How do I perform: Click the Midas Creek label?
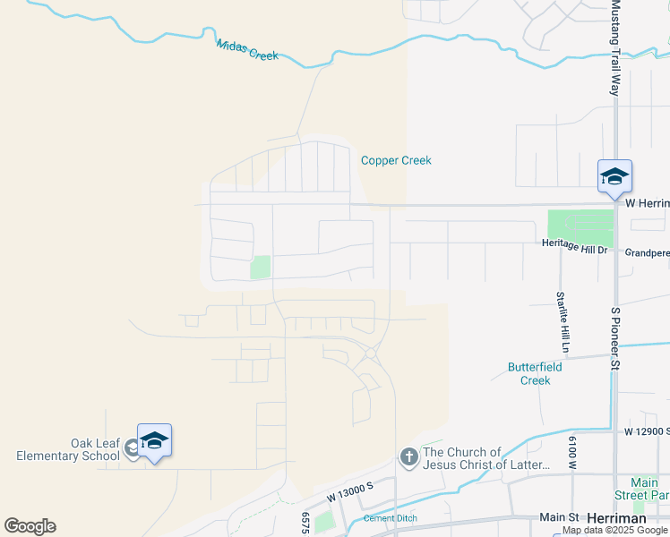pos(247,48)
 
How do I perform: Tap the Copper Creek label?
pos(396,161)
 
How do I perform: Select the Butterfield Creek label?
pos(528,373)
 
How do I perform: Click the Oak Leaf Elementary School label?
pos(68,449)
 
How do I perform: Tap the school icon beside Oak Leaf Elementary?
pos(154,440)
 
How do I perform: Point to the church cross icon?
pos(408,458)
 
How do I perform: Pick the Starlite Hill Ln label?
pos(561,321)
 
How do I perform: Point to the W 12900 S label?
pos(647,431)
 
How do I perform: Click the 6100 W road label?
pos(571,452)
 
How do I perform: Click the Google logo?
pos(30,526)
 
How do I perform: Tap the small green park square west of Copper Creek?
pos(261,267)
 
